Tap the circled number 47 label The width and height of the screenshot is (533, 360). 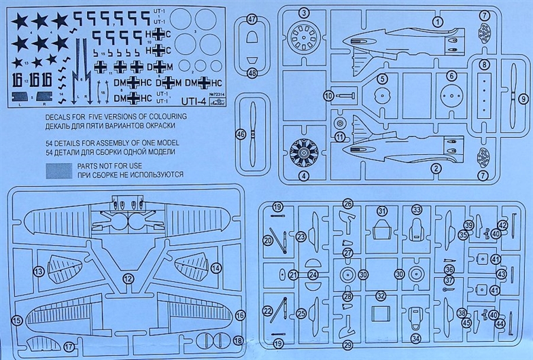252,20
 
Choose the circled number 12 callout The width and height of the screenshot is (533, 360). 127,278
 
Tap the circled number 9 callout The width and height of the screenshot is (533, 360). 523,98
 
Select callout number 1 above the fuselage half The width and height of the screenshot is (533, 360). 438,22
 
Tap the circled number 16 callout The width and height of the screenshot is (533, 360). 239,315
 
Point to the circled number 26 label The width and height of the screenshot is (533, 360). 347,203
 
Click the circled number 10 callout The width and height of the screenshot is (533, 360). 328,96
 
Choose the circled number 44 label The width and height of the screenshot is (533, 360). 499,324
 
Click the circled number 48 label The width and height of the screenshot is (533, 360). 252,73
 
